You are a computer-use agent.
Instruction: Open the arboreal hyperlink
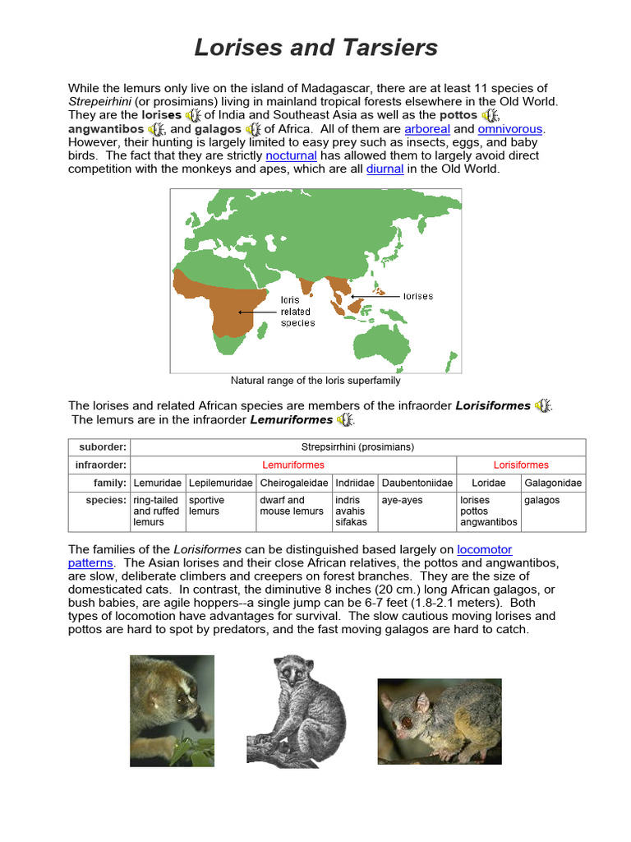point(427,129)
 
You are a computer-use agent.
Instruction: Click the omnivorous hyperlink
point(510,129)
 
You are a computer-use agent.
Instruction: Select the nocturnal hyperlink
point(291,155)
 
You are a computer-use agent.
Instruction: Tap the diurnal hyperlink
point(385,169)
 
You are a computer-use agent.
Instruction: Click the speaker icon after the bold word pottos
point(490,116)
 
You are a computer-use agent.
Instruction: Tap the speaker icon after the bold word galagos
point(253,129)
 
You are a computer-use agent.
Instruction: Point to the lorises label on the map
point(418,296)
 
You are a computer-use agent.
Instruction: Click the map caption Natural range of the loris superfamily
point(315,381)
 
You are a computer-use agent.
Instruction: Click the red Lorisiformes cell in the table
point(521,465)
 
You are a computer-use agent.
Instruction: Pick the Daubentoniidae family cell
point(417,483)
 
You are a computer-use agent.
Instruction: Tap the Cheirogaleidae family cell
point(293,483)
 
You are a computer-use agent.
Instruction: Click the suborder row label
point(103,447)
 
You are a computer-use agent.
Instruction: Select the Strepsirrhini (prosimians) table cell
point(357,447)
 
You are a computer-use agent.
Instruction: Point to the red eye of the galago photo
point(404,721)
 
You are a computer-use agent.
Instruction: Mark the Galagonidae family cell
point(553,483)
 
